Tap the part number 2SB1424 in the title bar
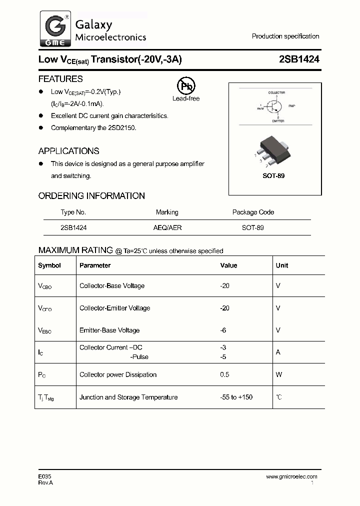point(299,59)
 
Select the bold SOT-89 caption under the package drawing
point(273,176)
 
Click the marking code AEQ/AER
point(167,227)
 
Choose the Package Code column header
point(253,212)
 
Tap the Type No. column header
point(73,212)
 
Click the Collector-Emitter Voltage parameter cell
point(114,308)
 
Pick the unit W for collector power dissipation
point(279,374)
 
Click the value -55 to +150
point(236,397)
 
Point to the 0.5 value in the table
point(224,374)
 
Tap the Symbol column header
point(49,265)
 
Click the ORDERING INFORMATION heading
point(91,196)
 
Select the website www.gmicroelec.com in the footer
point(291,476)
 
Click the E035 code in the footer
point(44,476)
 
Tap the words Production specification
point(285,36)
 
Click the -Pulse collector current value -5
point(223,357)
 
